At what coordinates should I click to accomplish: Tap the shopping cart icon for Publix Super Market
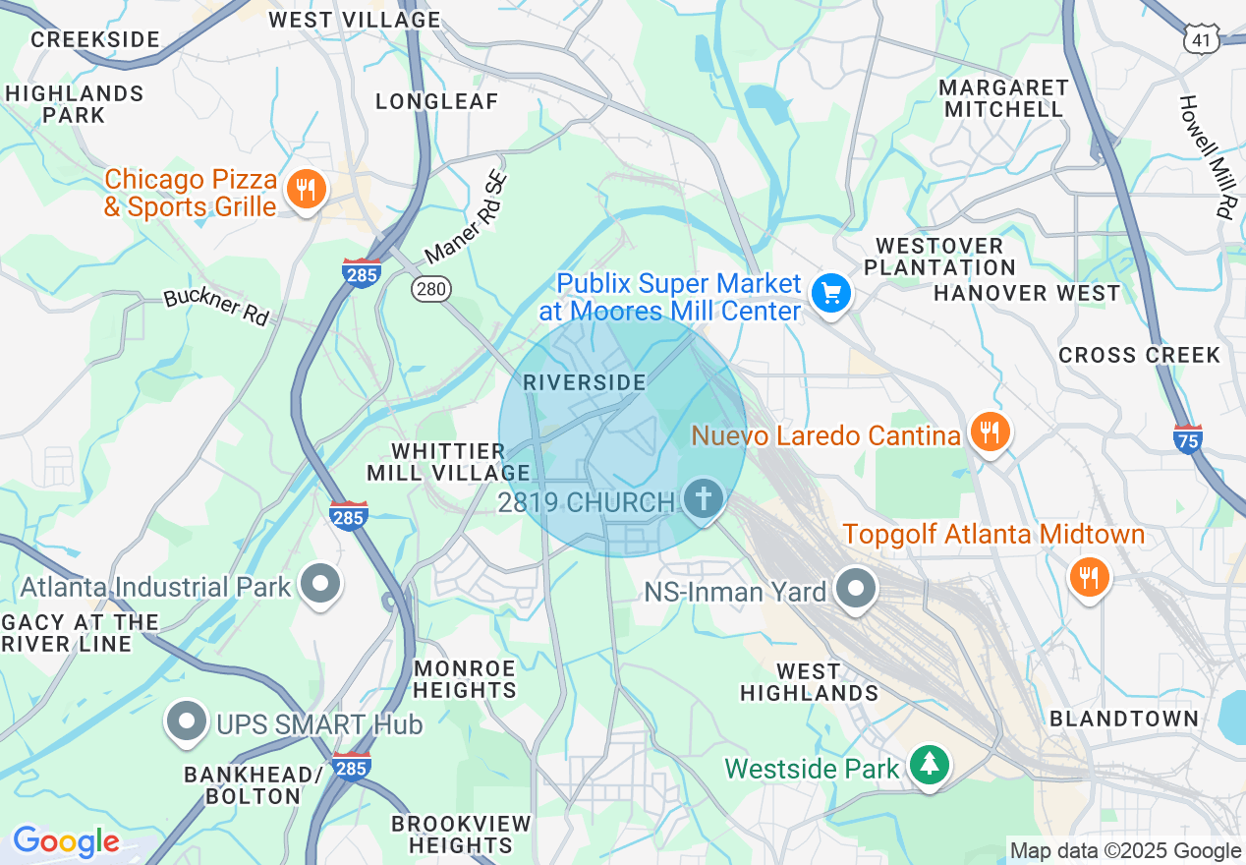(831, 293)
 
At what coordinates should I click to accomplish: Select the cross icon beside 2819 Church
(703, 499)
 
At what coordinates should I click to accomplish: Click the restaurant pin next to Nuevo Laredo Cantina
(990, 432)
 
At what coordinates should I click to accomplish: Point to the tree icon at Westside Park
(929, 765)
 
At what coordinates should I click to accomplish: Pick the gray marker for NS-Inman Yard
(856, 589)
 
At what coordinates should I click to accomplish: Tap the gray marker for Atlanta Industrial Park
(319, 584)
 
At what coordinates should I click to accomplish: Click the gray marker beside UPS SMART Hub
(186, 721)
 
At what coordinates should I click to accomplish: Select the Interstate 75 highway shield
(1188, 438)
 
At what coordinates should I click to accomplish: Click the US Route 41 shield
(1203, 38)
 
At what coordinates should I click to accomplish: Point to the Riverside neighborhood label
(585, 382)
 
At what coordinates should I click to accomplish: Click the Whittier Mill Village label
(448, 462)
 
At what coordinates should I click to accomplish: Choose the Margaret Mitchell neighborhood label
(1003, 98)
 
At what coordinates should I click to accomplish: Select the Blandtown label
(1124, 719)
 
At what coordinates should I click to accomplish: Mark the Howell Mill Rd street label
(1207, 157)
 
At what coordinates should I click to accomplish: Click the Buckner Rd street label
(216, 307)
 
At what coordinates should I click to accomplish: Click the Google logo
(66, 841)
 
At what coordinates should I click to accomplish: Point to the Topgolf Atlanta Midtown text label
(993, 535)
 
